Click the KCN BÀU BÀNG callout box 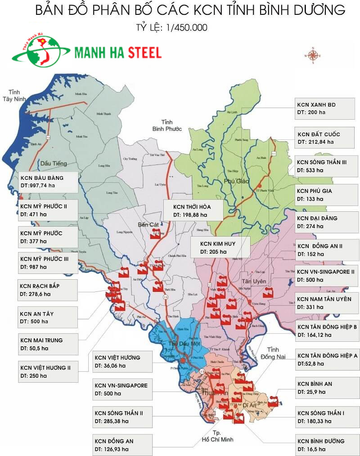47,181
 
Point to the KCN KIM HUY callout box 219,247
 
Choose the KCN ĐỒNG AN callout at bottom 120,444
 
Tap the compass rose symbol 312,55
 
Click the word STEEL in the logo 144,53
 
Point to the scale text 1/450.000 187,28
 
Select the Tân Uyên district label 257,281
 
